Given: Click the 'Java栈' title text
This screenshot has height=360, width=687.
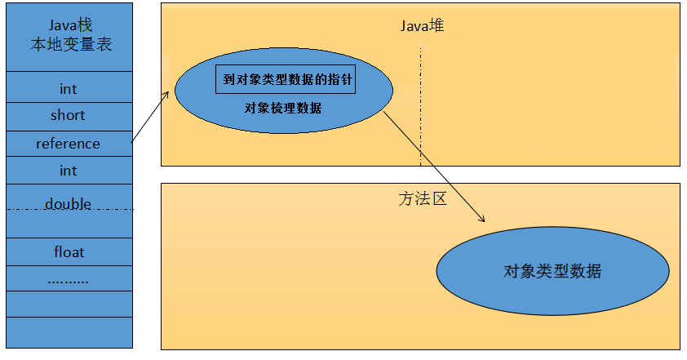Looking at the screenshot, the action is point(69,26).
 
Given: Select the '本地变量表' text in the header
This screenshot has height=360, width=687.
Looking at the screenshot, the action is point(69,45).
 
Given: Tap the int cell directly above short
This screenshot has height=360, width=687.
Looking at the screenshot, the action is point(69,88).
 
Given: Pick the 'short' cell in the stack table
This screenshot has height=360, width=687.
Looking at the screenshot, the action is point(69,115).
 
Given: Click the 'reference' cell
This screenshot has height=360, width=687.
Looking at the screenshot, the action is point(69,144).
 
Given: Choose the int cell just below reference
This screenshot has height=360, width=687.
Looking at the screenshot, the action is point(69,171).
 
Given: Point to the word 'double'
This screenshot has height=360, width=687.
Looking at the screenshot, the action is point(69,203).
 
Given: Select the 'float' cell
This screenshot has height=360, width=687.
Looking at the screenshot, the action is point(69,252).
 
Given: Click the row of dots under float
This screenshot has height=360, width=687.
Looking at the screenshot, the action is point(69,279).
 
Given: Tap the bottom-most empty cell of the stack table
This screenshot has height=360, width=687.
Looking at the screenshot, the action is point(69,331).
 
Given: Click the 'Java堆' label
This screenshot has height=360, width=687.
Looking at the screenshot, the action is point(422,26).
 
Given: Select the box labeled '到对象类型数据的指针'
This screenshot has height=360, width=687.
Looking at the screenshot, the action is point(286,81).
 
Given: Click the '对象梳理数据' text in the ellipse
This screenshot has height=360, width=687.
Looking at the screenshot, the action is point(283,108).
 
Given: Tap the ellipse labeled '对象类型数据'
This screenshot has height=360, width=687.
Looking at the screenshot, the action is point(552,271).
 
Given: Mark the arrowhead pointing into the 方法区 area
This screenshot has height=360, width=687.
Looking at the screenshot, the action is point(481,218).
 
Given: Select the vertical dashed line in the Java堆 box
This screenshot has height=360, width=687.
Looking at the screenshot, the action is point(421,106).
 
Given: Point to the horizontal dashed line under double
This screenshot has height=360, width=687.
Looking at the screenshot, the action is point(69,211).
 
